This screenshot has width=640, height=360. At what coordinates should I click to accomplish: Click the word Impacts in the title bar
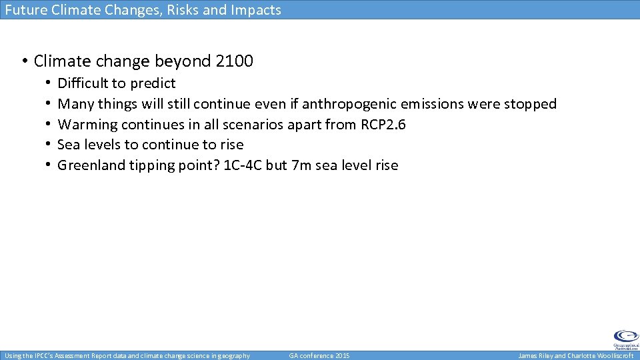(257, 10)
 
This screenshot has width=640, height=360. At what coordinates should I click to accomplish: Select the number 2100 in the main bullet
(235, 61)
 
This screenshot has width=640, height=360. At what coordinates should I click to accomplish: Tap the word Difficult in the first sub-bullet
(83, 83)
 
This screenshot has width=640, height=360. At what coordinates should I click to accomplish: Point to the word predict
(153, 84)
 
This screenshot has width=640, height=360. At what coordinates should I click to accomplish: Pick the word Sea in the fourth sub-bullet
(69, 145)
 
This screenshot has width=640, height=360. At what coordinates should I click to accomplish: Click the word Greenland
(89, 165)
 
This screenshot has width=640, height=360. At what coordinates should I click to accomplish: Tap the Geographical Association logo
(625, 339)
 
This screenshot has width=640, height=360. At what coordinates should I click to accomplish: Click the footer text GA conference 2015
(319, 356)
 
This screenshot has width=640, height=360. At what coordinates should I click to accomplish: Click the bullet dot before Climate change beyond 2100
(23, 62)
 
